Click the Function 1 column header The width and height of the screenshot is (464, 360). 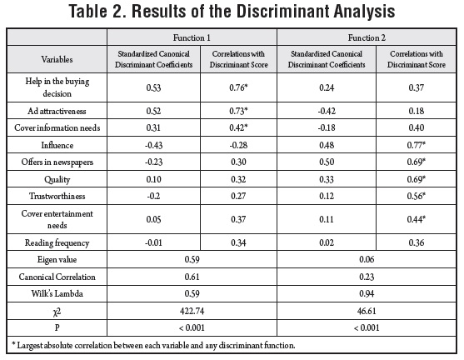192,37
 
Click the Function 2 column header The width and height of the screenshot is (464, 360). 367,37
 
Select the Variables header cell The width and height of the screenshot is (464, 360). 57,59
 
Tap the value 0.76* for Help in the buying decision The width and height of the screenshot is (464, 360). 238,87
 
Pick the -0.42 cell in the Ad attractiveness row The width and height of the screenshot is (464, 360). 327,111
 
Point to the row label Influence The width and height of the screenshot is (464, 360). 57,145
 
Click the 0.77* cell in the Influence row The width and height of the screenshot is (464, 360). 416,145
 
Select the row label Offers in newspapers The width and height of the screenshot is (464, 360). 57,162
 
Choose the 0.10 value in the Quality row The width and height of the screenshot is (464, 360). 153,179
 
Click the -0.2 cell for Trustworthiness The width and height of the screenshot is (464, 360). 153,196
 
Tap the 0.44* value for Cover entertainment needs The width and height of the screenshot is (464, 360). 416,219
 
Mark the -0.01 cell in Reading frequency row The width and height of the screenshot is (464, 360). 153,242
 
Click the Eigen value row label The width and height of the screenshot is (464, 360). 57,260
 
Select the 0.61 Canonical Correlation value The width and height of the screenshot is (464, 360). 192,277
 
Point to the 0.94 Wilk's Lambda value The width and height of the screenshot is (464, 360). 367,293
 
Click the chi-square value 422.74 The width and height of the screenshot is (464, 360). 192,311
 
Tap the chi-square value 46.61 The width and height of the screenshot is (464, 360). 367,311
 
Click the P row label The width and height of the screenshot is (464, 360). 57,327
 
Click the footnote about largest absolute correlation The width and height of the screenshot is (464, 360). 153,346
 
